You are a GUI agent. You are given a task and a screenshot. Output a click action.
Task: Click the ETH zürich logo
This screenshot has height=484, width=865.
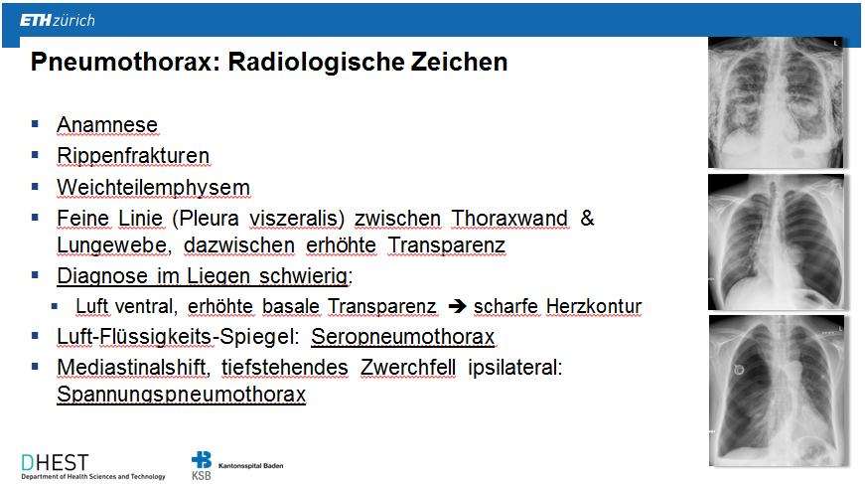pos(58,21)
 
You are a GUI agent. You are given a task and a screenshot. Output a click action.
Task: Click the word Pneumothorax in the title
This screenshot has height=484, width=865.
pos(122,62)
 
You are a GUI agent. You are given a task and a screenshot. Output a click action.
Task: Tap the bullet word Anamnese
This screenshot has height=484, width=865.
pos(107,124)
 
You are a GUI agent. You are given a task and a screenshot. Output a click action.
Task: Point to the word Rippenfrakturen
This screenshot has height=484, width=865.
pos(133,156)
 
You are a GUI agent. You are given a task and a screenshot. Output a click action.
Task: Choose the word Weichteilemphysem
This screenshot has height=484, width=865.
pos(153,188)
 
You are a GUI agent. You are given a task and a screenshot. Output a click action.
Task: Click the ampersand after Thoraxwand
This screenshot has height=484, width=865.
pos(587,218)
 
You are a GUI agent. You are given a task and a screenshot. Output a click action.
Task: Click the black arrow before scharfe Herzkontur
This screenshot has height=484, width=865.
pos(457,306)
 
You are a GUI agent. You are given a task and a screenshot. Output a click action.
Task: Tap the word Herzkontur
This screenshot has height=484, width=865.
pos(594,306)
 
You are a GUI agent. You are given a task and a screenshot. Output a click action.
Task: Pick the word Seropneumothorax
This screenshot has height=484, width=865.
pos(403,337)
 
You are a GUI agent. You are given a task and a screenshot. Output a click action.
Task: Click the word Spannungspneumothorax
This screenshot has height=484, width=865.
pos(181,395)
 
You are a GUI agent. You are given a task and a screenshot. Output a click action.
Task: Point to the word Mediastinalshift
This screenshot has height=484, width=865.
pos(132,368)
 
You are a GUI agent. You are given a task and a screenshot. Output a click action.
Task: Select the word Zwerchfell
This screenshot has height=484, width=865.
pos(408,368)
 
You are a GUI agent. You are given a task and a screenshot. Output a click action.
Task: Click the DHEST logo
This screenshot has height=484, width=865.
pos(92,466)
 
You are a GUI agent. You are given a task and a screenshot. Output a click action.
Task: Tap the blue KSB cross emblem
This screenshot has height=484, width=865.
pos(202,460)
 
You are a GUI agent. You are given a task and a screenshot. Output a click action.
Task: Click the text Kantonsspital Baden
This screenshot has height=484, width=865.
pos(251,466)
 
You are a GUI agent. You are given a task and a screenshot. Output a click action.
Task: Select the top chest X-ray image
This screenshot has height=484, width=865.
pos(776,102)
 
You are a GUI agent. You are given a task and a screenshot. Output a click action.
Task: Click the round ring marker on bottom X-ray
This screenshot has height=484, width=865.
pos(739,370)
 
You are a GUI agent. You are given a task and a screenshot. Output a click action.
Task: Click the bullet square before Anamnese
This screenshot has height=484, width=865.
pos(36,124)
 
